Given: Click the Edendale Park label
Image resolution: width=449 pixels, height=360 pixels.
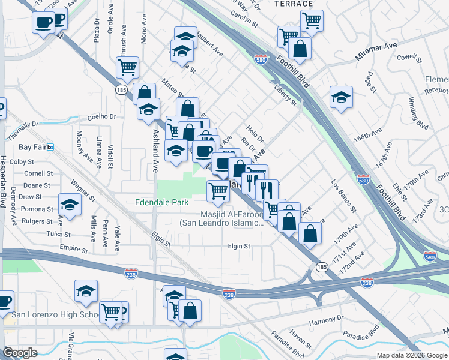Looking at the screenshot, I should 163,203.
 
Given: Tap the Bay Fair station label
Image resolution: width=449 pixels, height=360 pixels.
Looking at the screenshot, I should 32,147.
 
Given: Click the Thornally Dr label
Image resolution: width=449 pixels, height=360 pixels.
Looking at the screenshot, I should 23,124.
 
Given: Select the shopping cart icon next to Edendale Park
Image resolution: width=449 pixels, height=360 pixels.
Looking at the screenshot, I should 218,191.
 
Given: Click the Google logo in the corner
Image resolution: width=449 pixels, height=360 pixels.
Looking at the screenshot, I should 20,353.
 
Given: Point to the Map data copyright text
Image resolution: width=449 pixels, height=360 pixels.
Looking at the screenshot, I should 412,355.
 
